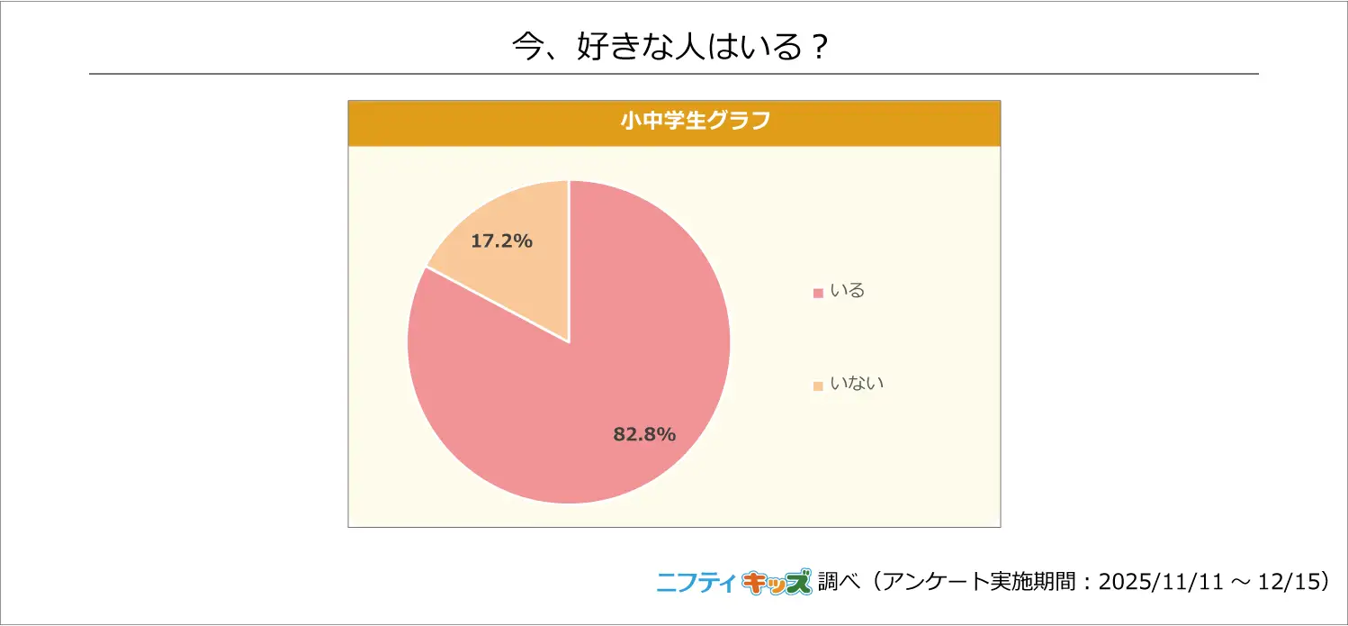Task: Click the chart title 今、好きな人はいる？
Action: coord(670,47)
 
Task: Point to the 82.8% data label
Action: coord(644,434)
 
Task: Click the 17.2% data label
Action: coord(502,241)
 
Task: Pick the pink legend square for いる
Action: coord(818,293)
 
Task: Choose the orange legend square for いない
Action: coord(818,386)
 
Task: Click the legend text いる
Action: coord(847,291)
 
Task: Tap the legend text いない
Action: coord(857,384)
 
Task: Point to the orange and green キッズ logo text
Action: coord(776,583)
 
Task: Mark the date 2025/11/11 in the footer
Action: coord(1160,583)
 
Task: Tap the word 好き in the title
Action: coord(609,47)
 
